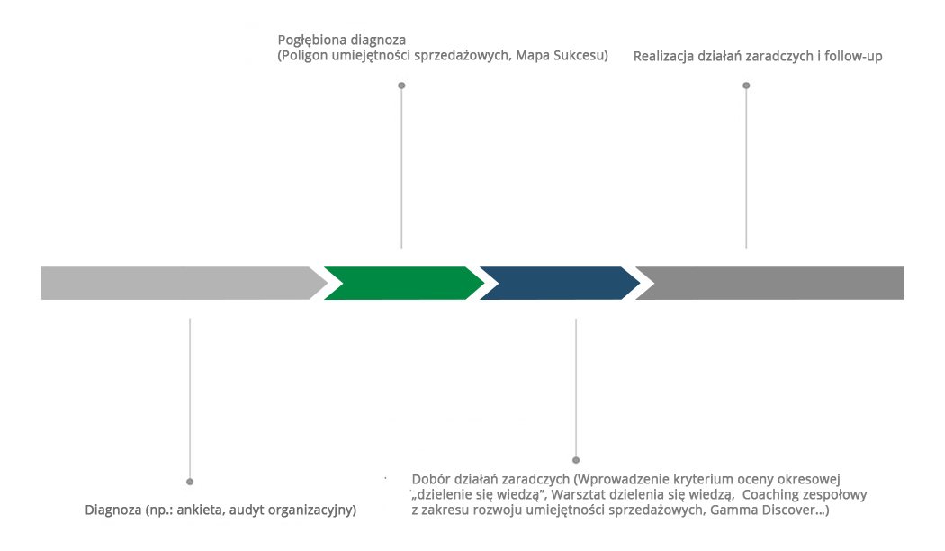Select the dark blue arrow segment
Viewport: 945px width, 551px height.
click(x=558, y=283)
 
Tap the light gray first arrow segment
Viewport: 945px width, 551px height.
click(x=180, y=283)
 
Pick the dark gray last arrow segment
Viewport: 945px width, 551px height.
click(x=774, y=283)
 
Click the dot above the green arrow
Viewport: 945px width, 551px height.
click(x=401, y=86)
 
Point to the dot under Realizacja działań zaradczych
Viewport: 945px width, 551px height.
click(x=746, y=86)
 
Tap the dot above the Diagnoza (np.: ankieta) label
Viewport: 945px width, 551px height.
click(x=190, y=482)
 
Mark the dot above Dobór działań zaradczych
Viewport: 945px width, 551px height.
click(x=576, y=460)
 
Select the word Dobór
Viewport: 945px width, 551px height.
click(x=430, y=479)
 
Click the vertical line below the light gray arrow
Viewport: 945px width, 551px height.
click(x=190, y=396)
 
